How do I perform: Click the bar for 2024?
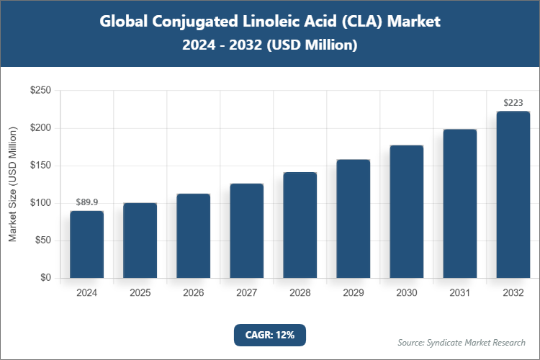coord(86,245)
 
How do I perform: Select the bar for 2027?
coord(246,231)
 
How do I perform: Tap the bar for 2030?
coord(406,212)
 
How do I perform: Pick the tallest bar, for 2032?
coord(513,195)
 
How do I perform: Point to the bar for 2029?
coord(353,219)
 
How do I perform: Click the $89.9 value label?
coord(86,202)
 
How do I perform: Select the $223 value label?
coord(513,103)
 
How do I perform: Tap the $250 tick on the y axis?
coord(40,91)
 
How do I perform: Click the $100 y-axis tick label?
coord(40,203)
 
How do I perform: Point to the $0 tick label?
coord(45,278)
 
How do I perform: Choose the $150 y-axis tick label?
coord(40,166)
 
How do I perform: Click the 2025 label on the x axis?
coord(140,293)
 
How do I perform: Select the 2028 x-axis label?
coord(300,293)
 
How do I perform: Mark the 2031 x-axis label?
coord(459,293)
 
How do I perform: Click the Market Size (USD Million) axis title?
coord(12,184)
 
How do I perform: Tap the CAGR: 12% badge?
coord(270,335)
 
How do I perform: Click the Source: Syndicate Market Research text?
coord(462,342)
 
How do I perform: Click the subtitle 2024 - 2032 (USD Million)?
coord(270,45)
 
